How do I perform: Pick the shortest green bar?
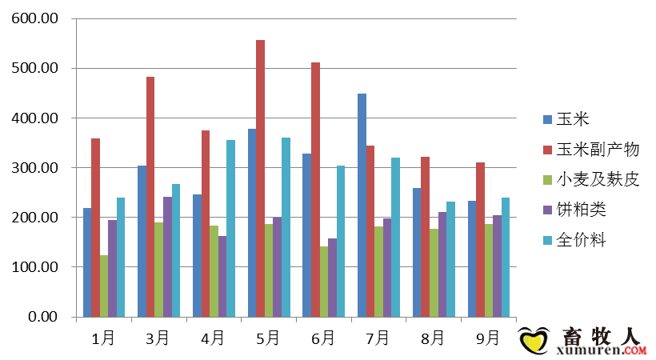pyautogui.click(x=104, y=286)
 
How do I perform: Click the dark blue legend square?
pyautogui.click(x=547, y=120)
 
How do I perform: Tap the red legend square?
pyautogui.click(x=547, y=150)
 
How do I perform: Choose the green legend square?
pyautogui.click(x=547, y=180)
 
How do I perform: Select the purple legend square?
pyautogui.click(x=547, y=210)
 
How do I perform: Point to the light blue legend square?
pyautogui.click(x=547, y=240)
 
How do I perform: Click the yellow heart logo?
pyautogui.click(x=534, y=342)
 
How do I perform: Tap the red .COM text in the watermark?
pyautogui.click(x=635, y=350)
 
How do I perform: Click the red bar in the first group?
pyautogui.click(x=95, y=227)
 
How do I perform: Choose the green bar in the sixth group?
pyautogui.click(x=378, y=271)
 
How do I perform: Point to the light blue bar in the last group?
pyautogui.click(x=505, y=257)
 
